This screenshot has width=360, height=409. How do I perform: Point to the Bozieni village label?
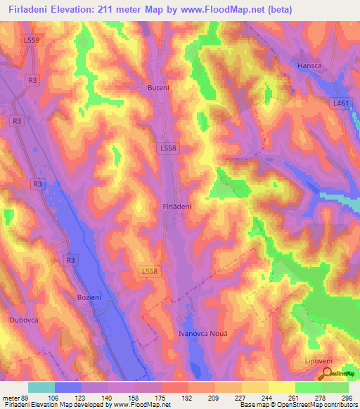click(89, 298)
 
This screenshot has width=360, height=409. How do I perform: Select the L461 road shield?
click(340, 103)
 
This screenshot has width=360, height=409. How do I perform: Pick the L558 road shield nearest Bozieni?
click(150, 271)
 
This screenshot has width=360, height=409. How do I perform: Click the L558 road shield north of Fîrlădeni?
click(167, 148)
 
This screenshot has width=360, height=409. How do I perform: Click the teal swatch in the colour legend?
click(41, 387)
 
